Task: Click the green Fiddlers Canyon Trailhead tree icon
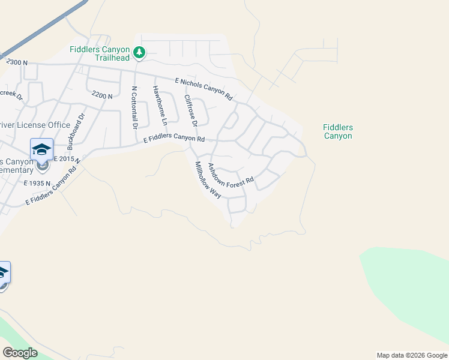(139, 53)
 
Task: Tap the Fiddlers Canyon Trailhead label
(100, 53)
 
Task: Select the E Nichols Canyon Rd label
(204, 88)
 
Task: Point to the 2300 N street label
(17, 62)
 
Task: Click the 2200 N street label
(103, 95)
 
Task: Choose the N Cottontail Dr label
(134, 107)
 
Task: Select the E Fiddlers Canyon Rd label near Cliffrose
(174, 139)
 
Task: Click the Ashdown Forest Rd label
(231, 174)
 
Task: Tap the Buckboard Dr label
(78, 131)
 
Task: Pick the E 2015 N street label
(67, 159)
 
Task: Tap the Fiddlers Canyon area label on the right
(337, 131)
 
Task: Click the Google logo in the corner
(20, 353)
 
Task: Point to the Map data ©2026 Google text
(412, 355)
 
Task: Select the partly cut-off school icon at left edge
(3, 273)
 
